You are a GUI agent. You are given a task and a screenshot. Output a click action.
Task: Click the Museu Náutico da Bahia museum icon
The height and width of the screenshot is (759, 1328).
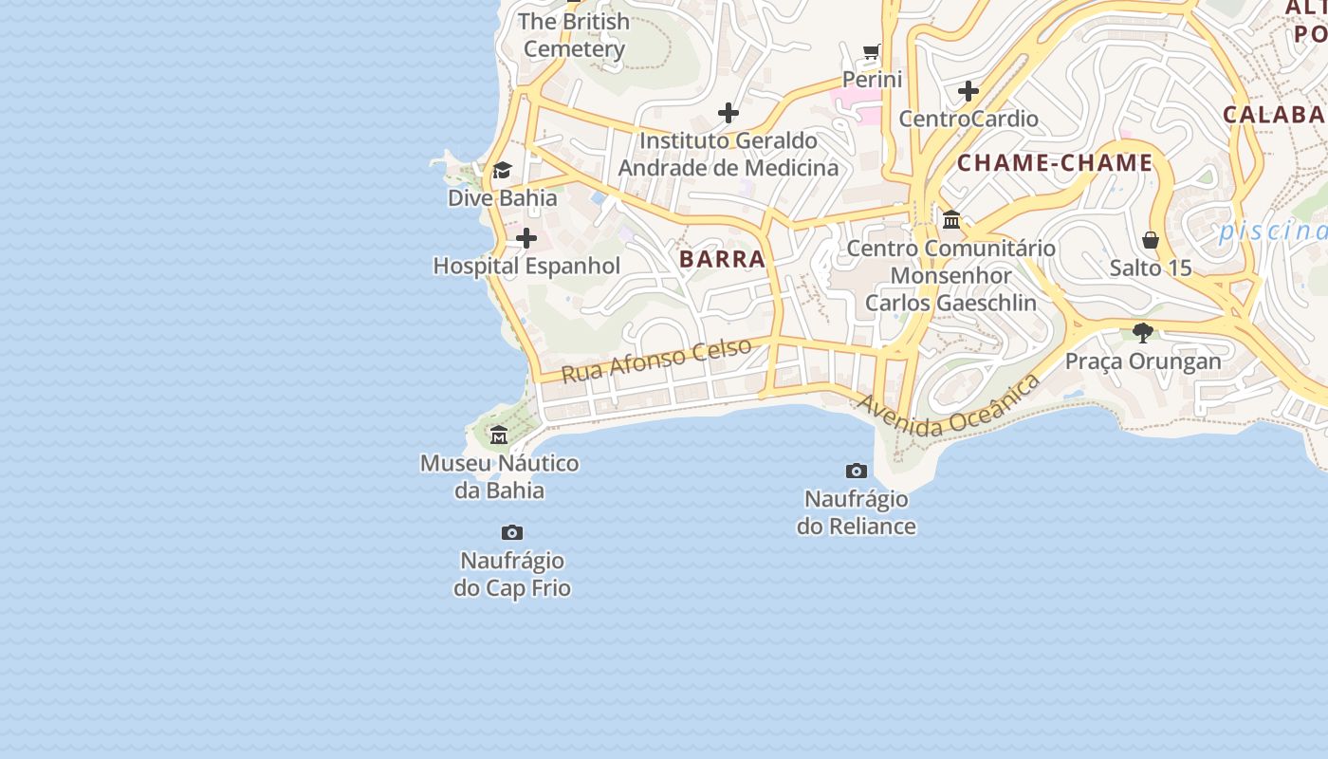click(499, 435)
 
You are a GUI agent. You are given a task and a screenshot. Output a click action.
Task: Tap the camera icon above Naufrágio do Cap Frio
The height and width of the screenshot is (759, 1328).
click(512, 532)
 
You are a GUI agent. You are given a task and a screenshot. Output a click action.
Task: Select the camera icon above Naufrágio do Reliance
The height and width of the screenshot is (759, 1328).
click(857, 471)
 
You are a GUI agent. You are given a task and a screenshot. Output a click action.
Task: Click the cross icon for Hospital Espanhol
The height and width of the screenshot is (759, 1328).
click(526, 238)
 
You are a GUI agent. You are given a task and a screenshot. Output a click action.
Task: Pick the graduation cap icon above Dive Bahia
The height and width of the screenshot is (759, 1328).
click(502, 170)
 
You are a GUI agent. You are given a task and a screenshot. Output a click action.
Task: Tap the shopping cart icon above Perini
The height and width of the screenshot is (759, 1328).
click(872, 51)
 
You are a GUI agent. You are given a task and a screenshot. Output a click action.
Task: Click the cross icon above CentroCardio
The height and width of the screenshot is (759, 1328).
click(968, 91)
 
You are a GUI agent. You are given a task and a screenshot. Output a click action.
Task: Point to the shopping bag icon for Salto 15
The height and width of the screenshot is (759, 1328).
click(1151, 240)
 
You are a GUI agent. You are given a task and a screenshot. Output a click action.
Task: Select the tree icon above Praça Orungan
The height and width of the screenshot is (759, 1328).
click(1143, 333)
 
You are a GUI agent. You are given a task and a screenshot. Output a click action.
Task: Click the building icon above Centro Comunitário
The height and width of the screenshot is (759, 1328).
click(951, 220)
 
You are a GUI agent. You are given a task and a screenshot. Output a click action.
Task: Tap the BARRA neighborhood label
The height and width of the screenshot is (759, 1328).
click(722, 259)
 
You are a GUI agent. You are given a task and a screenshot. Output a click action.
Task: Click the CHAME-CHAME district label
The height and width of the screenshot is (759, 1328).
click(1054, 163)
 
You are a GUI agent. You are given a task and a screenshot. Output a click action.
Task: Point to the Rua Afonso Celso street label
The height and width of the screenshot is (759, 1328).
click(656, 360)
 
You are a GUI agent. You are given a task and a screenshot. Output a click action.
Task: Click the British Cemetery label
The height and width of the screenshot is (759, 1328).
click(575, 35)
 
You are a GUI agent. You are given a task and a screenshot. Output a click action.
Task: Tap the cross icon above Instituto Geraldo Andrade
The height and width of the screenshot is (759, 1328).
click(729, 113)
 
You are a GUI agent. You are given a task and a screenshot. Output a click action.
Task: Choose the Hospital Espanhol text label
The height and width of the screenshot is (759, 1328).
click(526, 267)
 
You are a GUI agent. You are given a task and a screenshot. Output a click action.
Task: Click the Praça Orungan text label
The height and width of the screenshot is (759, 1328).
click(1143, 361)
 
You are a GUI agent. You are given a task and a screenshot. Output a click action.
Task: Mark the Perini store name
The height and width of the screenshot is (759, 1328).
click(873, 80)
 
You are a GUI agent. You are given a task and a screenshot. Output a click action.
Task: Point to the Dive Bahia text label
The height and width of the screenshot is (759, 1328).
click(502, 198)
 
